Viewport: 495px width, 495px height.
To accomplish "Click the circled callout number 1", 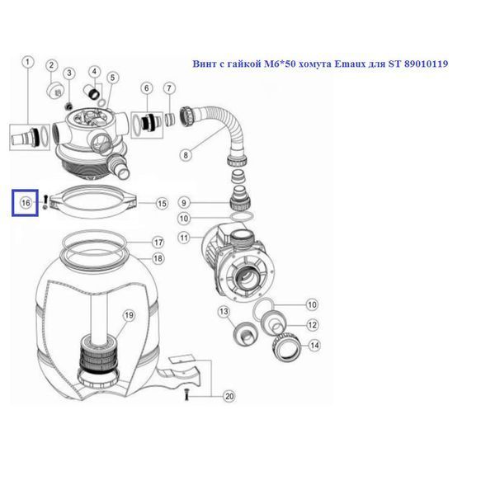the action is pyautogui.click(x=28, y=62).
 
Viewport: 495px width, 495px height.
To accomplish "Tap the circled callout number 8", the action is pyautogui.click(x=186, y=155).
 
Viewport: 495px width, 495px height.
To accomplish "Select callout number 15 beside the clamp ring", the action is pyautogui.click(x=162, y=204).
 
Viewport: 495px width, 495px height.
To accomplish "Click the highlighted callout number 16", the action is pyautogui.click(x=26, y=203).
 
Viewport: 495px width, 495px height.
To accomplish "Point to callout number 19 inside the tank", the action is pyautogui.click(x=130, y=315).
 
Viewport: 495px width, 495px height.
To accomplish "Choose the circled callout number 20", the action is pyautogui.click(x=229, y=396).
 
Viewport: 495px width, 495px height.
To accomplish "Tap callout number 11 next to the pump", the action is pyautogui.click(x=184, y=238).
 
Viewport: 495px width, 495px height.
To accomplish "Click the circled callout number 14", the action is pyautogui.click(x=314, y=346).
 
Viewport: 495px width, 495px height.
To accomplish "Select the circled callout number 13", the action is pyautogui.click(x=224, y=312).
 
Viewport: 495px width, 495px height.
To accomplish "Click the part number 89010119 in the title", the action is pyautogui.click(x=426, y=64).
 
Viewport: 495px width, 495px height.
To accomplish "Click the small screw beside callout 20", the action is pyautogui.click(x=186, y=395).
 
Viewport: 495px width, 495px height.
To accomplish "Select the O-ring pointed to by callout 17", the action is pyautogui.click(x=95, y=242).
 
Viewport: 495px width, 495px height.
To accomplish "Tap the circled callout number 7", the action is pyautogui.click(x=169, y=88).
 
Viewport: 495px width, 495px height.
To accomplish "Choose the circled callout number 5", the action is pyautogui.click(x=113, y=78).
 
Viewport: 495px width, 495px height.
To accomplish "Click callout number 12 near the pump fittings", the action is pyautogui.click(x=312, y=325).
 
